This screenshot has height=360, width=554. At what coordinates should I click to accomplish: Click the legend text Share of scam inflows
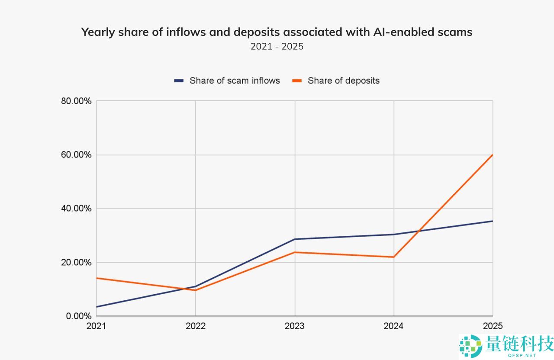235,80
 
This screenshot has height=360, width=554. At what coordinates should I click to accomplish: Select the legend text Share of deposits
344,80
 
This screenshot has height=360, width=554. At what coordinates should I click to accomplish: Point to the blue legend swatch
179,80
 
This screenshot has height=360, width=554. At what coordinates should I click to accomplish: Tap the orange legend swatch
297,80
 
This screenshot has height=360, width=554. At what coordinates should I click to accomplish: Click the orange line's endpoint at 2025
493,155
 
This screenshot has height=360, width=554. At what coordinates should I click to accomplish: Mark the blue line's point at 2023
295,239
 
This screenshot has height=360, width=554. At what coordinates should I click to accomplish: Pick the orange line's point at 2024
394,257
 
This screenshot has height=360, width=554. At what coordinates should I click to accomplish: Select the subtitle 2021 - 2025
277,46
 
